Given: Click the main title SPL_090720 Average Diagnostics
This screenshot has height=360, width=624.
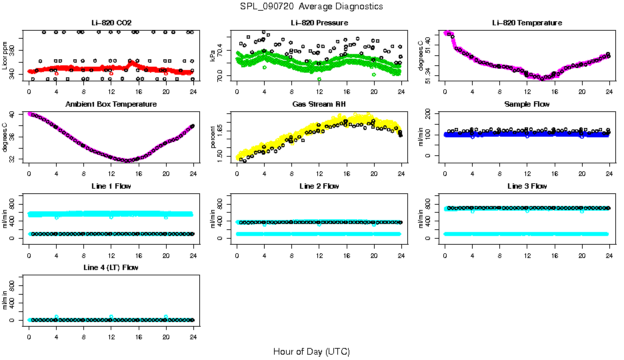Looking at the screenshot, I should (312, 6).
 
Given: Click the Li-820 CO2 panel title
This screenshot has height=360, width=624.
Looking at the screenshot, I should (111, 23).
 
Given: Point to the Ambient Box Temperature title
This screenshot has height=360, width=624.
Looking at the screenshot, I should (111, 104).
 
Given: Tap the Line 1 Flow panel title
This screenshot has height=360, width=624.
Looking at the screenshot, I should (111, 185).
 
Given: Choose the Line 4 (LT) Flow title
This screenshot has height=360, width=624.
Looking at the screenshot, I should (111, 267).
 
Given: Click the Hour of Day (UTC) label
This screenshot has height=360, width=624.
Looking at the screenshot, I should (311, 351).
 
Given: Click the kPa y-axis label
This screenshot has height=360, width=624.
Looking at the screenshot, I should (213, 55).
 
